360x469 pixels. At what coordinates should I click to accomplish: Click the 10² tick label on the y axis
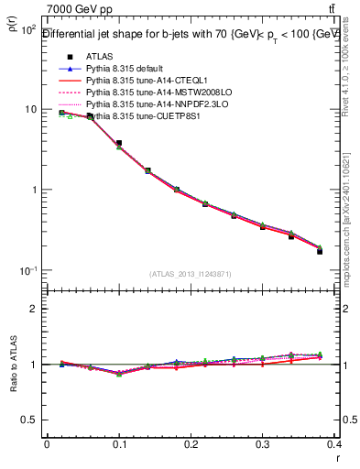tap(27, 30)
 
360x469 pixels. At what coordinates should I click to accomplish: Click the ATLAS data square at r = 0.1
tap(119, 144)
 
